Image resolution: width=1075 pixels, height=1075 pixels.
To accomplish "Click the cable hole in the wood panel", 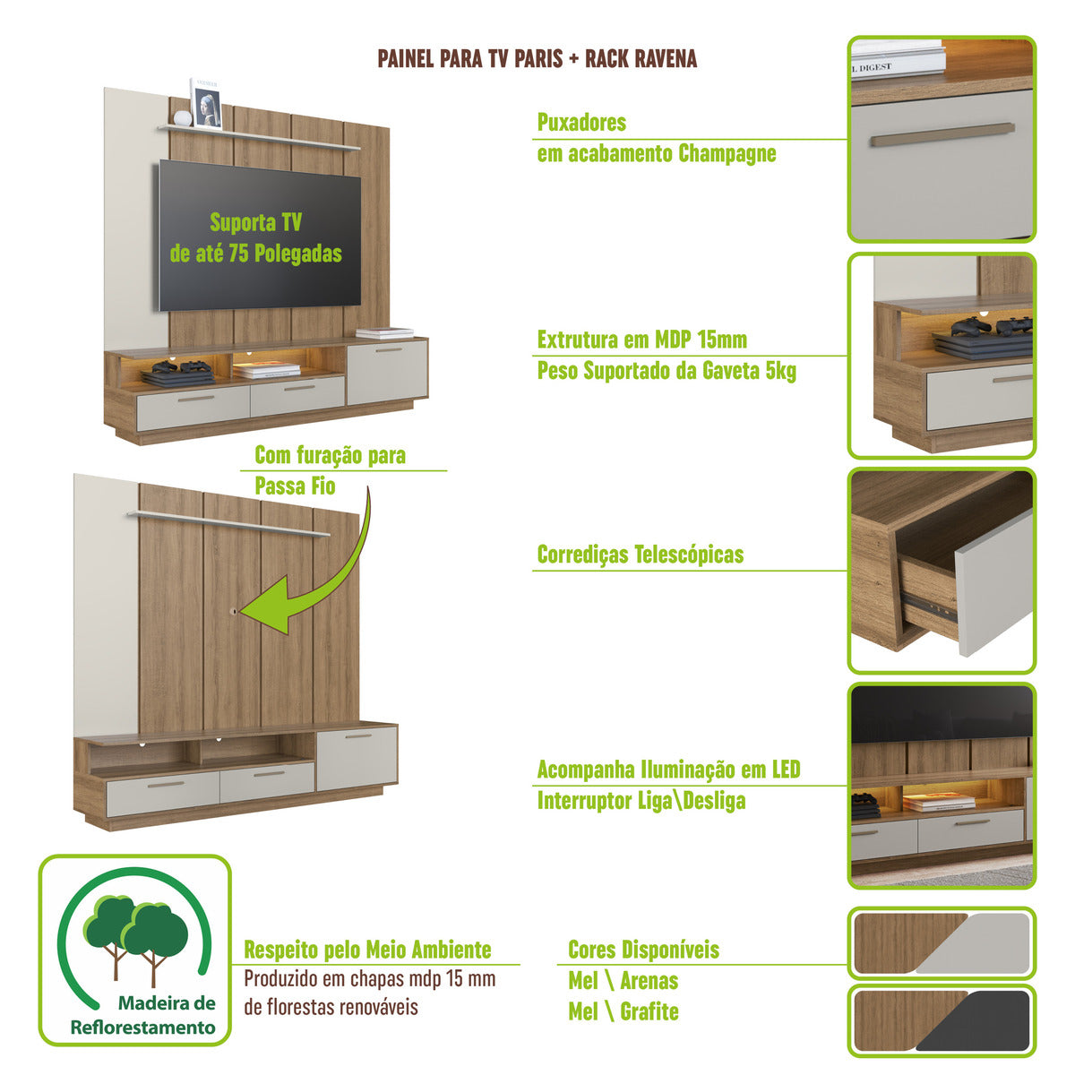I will [x=235, y=611].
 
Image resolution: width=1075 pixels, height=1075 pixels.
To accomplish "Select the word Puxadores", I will [x=581, y=123].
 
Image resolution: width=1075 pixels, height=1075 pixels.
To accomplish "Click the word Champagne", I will [x=727, y=153].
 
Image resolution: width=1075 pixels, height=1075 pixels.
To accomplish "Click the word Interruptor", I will [x=583, y=801].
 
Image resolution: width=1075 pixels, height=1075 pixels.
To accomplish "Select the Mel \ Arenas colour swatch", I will [x=942, y=943].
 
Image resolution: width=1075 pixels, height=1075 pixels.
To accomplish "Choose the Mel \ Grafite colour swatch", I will [x=942, y=1019].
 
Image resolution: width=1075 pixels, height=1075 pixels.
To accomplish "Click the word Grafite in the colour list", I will [x=649, y=1012].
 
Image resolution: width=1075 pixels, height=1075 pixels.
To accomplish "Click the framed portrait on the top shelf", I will [x=207, y=104].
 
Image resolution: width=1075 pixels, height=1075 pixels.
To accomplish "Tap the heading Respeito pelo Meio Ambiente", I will [x=367, y=950].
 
